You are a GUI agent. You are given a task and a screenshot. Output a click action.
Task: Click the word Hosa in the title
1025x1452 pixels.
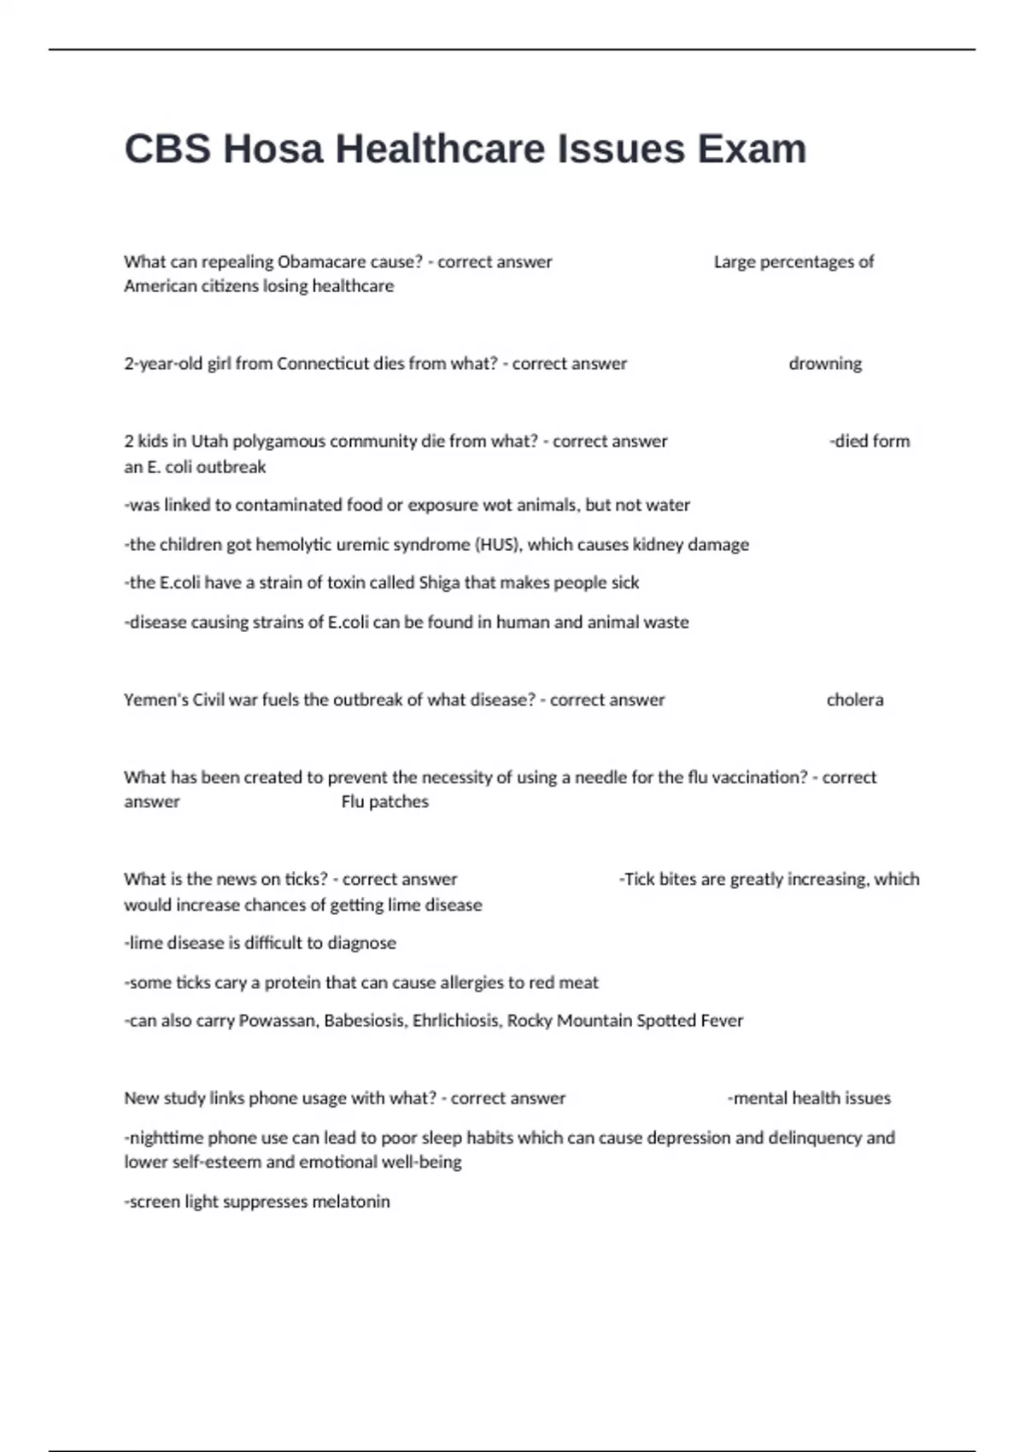(273, 149)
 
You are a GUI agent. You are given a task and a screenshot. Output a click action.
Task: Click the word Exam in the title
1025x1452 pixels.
(752, 149)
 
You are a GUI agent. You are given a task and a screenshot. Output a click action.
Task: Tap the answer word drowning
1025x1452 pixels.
(825, 364)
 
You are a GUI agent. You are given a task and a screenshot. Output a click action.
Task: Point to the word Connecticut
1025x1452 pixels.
(323, 364)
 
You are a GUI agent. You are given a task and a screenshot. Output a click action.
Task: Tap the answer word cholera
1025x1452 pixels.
(855, 700)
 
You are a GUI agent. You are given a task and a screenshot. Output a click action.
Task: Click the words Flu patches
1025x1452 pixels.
(384, 802)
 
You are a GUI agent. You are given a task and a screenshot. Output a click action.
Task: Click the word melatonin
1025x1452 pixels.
(350, 1202)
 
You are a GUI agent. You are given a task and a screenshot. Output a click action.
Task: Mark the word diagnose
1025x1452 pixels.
(362, 944)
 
